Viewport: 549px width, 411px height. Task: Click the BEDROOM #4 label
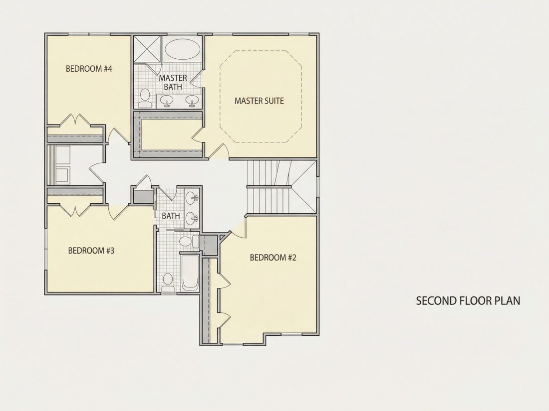(89, 69)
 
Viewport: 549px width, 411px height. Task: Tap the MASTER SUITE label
(259, 101)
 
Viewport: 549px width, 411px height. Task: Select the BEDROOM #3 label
(91, 251)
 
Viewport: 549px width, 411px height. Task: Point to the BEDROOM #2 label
(273, 258)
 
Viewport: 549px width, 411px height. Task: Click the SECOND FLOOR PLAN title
(468, 300)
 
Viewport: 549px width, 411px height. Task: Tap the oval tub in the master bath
(182, 49)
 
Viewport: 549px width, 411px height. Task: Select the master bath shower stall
(147, 49)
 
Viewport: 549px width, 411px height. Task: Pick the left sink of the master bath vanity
(167, 101)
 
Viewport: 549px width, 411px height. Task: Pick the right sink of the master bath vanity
(192, 101)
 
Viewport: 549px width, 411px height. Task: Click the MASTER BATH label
(173, 82)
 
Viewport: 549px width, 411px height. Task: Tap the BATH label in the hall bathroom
(171, 216)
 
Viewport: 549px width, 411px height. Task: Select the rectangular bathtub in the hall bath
(190, 273)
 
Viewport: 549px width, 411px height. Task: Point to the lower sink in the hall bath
(192, 219)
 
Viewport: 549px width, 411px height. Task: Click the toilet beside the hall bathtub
(168, 282)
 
